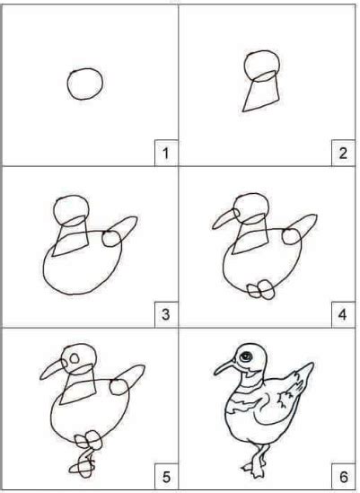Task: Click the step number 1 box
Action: pyautogui.click(x=166, y=153)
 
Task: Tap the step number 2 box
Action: pyautogui.click(x=343, y=153)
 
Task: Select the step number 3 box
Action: pyautogui.click(x=166, y=314)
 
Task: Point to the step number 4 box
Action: pyautogui.click(x=343, y=314)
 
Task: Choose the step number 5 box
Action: pyautogui.click(x=166, y=477)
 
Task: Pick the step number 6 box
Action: pyautogui.click(x=343, y=477)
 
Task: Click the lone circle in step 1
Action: pyautogui.click(x=67, y=84)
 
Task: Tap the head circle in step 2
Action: pyautogui.click(x=245, y=66)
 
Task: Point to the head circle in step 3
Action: pyautogui.click(x=55, y=211)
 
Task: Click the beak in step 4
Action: pyautogui.click(x=224, y=218)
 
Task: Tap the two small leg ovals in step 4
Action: pyautogui.click(x=261, y=289)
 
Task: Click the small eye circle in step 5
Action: pyautogui.click(x=75, y=358)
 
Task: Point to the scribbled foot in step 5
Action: pyautogui.click(x=83, y=468)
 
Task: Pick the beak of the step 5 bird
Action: pyautogui.click(x=52, y=370)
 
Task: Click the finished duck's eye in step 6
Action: pyautogui.click(x=246, y=357)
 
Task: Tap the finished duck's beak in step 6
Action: pyautogui.click(x=224, y=366)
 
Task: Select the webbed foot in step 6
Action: pyautogui.click(x=254, y=468)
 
